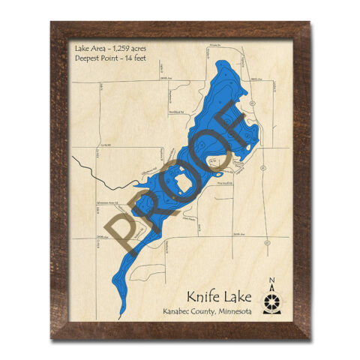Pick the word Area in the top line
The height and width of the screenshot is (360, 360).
pyautogui.click(x=96, y=48)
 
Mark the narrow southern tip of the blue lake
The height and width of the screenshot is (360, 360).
pyautogui.click(x=122, y=313)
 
